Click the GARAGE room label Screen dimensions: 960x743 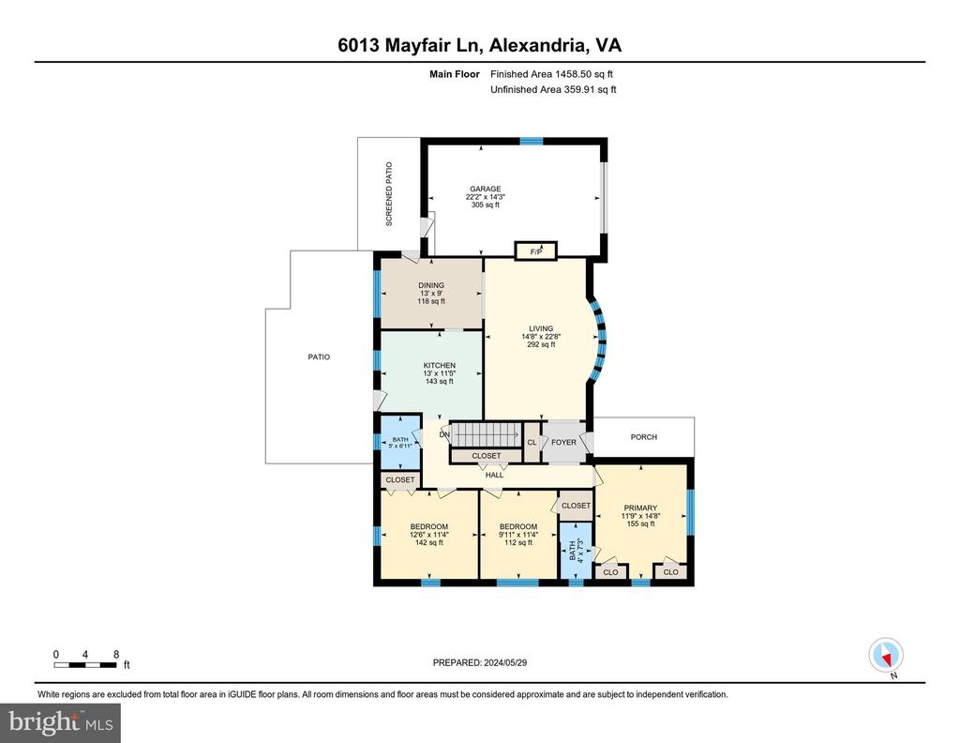486,189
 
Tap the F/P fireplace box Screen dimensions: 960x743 535,251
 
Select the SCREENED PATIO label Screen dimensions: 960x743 389,194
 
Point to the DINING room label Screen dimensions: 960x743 431,285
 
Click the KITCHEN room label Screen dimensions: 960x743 440,365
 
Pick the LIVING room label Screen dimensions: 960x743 541,328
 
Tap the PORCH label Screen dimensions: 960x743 643,437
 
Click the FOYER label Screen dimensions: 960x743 563,442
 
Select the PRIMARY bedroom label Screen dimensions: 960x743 640,508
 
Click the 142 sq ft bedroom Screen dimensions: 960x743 429,534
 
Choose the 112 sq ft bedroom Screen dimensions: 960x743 518,534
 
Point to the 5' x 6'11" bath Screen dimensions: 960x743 400,442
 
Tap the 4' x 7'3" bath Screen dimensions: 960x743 577,551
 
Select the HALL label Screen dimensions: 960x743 495,475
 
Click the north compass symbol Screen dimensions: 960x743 886,656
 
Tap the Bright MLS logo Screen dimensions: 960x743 61,722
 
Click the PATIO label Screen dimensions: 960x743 319,356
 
